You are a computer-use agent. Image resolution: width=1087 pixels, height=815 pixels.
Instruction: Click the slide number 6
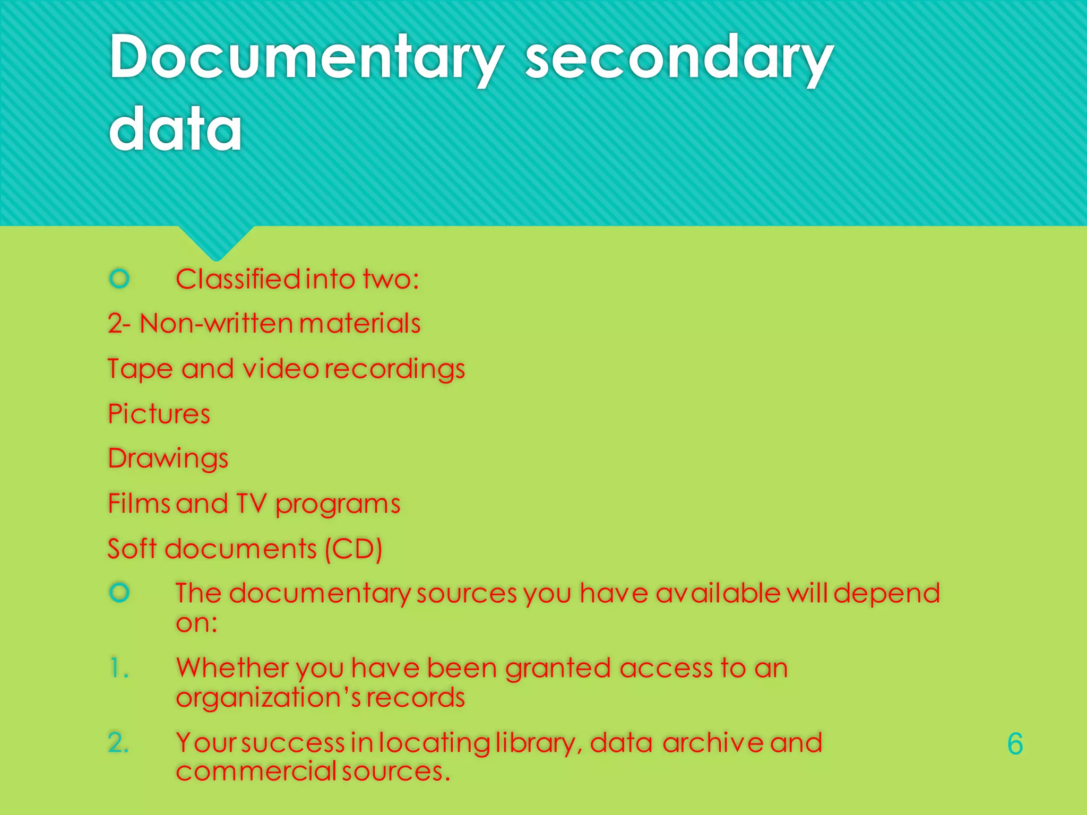[x=1015, y=744]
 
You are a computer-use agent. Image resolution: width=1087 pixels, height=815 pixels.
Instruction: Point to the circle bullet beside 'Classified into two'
[x=119, y=278]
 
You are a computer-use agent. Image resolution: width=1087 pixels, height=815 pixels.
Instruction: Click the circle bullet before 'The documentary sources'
[x=119, y=592]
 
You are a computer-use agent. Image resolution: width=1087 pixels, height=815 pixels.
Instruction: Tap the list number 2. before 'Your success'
[x=118, y=742]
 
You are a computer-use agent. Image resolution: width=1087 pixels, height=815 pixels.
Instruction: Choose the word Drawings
[x=168, y=459]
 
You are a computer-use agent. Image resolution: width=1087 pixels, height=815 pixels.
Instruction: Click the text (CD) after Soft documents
[x=353, y=549]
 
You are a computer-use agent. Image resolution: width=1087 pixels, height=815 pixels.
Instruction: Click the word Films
[x=139, y=504]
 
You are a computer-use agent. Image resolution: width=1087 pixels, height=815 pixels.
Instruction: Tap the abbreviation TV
[x=251, y=504]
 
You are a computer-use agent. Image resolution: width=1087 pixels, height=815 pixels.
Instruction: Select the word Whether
[x=232, y=668]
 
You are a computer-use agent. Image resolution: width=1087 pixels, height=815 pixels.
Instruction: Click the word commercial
[x=256, y=771]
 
